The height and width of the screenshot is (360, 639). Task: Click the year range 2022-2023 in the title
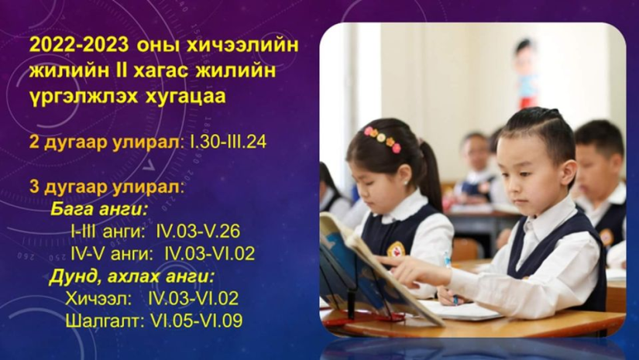click(79, 45)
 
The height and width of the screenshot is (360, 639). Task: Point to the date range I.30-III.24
click(228, 142)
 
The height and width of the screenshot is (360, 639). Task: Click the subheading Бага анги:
click(99, 210)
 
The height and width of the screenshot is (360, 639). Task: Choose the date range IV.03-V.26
click(198, 231)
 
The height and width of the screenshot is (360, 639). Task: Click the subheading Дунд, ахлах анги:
click(132, 277)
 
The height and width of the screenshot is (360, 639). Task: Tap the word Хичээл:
click(98, 299)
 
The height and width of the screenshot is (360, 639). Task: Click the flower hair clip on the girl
click(383, 139)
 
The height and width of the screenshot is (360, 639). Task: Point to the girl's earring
click(406, 182)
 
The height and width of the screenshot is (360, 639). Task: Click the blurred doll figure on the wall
click(527, 73)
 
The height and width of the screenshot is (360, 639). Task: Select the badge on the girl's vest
click(396, 249)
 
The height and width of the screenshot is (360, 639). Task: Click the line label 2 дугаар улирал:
click(105, 142)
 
